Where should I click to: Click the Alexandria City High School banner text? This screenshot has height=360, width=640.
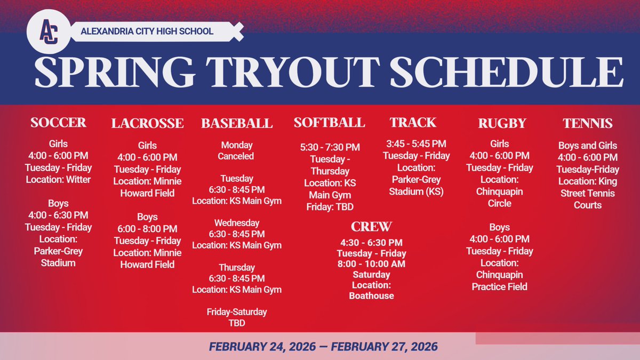coord(147,31)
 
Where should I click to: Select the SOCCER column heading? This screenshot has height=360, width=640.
coord(58,123)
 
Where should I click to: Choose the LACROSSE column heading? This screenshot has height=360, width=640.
coord(147,124)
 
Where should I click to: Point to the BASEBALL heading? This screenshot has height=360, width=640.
coord(237,124)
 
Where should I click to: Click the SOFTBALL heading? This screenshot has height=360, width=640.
coord(329,123)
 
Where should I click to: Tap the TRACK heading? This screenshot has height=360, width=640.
coord(413,123)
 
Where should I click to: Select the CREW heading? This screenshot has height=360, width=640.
coord(371,226)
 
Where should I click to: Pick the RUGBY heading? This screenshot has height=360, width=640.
coord(502,124)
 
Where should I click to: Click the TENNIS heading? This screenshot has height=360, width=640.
coord(587,124)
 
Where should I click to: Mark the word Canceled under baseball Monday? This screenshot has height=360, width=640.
coord(236,156)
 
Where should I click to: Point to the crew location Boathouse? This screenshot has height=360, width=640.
coord(371,295)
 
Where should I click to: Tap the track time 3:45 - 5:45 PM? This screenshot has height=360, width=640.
coord(416,144)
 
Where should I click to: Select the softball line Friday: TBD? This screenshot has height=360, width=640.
coord(329,206)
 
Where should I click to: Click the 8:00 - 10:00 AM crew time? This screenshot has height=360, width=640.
coord(371,264)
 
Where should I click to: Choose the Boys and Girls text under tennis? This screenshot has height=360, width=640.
coord(587,146)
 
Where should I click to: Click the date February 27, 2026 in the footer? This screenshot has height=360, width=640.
coord(384,347)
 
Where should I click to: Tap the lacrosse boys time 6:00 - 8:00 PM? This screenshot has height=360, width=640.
coord(147,229)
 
